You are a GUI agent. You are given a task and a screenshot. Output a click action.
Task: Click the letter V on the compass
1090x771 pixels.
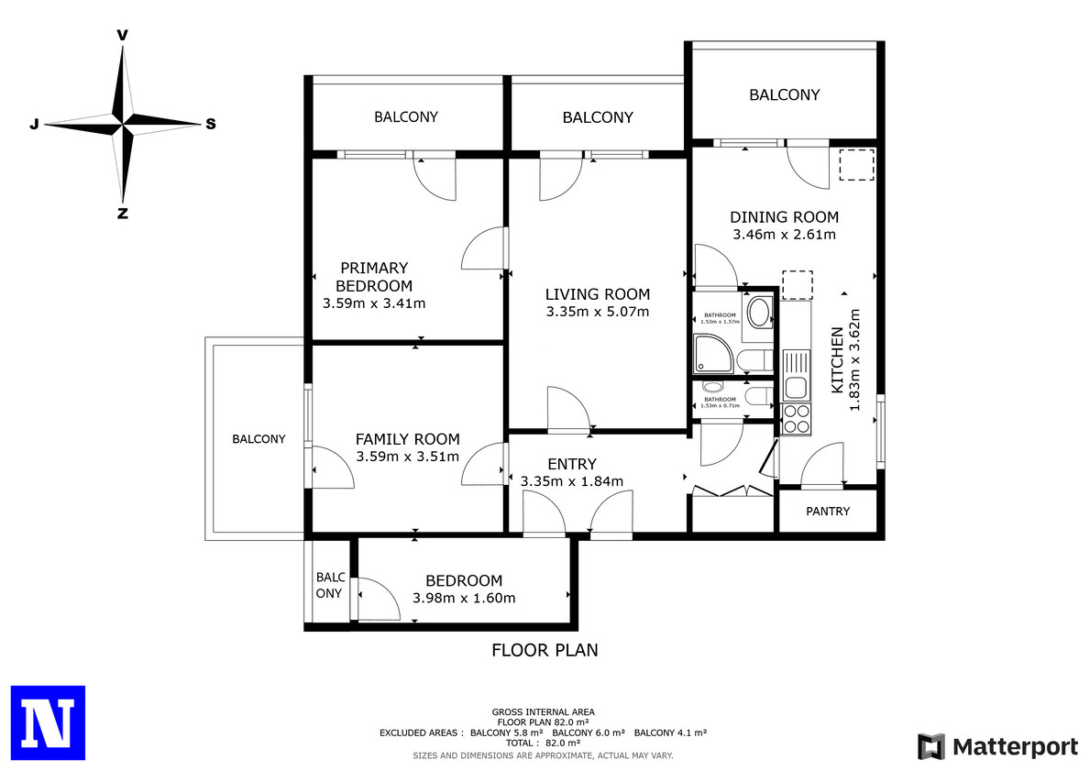tap(122, 35)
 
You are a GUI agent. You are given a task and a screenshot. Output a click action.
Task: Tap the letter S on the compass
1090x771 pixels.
tap(211, 124)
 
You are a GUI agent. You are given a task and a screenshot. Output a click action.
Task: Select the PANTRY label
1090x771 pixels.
tap(828, 511)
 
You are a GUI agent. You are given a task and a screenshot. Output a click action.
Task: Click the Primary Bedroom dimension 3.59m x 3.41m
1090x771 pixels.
tap(374, 303)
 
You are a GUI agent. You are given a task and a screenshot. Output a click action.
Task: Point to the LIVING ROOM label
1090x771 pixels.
tap(598, 294)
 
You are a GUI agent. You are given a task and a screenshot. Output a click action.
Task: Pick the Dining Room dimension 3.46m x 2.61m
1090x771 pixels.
tap(784, 235)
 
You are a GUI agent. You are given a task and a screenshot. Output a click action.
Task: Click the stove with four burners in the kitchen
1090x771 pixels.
tap(797, 419)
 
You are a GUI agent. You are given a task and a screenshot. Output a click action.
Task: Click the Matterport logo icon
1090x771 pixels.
tap(931, 746)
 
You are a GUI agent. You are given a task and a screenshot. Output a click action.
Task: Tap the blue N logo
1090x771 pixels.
tap(48, 723)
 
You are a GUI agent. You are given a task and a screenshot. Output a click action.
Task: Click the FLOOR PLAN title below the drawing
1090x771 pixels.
tap(545, 650)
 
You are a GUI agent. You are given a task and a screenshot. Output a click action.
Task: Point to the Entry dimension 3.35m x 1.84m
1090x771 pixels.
tap(572, 481)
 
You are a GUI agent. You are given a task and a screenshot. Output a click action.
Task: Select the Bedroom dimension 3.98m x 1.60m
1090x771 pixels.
tap(465, 598)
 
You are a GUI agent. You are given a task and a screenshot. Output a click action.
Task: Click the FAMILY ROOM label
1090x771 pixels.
tap(407, 439)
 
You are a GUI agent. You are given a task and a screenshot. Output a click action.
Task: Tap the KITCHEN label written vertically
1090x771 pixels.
tap(838, 360)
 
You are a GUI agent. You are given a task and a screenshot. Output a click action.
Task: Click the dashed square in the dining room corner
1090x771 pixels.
tap(856, 165)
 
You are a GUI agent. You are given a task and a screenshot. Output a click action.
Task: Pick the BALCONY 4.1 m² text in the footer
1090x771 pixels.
tap(671, 732)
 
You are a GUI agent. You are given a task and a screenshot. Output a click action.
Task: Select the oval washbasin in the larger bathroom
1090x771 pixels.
tap(760, 313)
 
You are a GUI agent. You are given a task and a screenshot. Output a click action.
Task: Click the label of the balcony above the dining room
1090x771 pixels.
tap(785, 94)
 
